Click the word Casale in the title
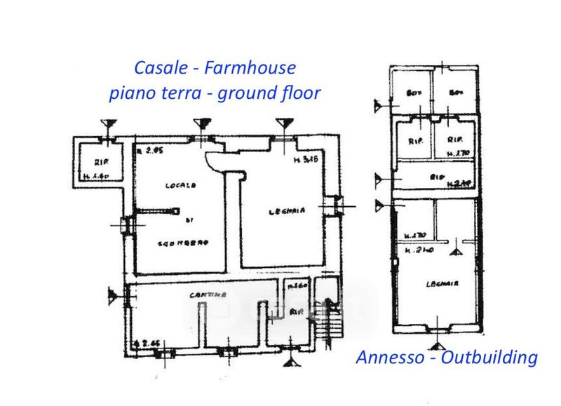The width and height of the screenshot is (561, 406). pos(160,69)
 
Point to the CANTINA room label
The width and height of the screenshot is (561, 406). pos(207,295)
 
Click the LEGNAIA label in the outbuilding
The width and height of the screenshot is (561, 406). pos(442,284)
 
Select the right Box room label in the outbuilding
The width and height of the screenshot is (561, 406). pos(457,93)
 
